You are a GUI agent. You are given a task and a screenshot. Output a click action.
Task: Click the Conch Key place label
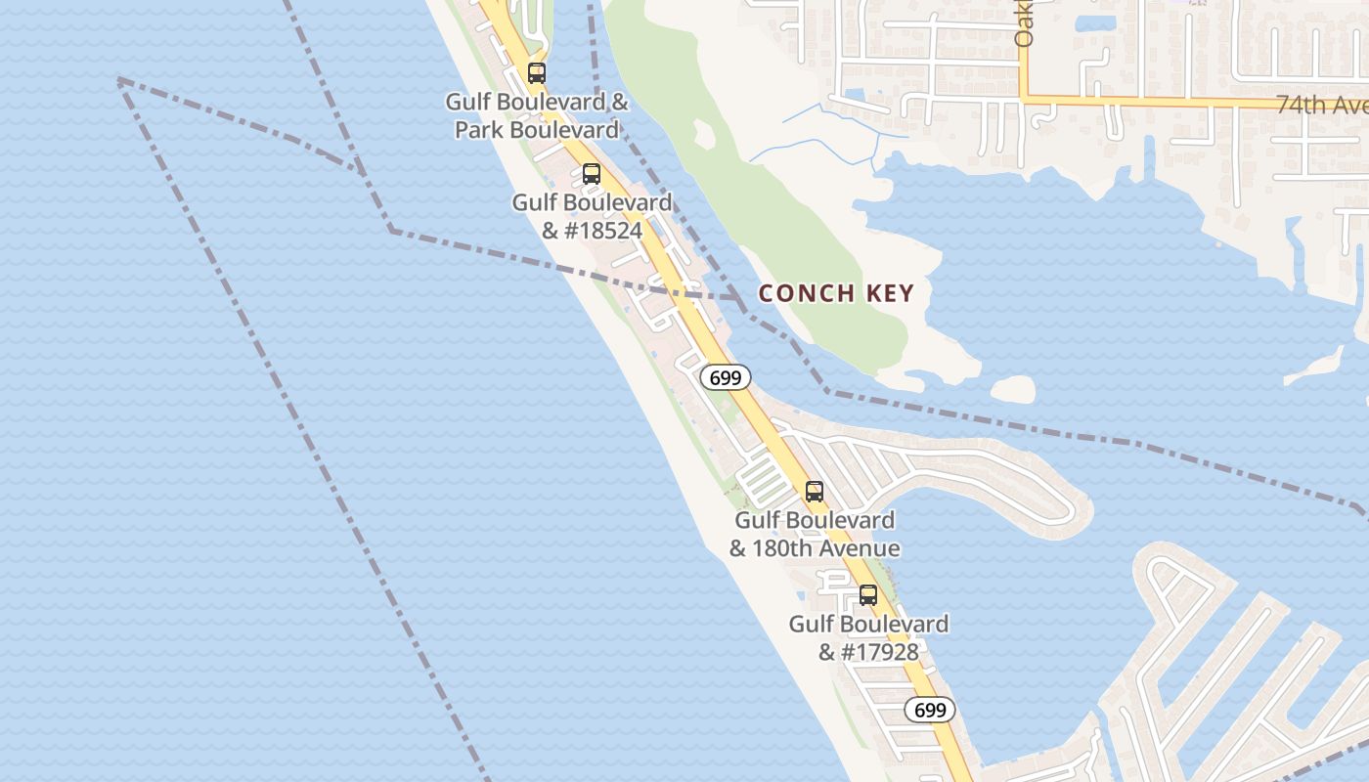pyautogui.click(x=836, y=293)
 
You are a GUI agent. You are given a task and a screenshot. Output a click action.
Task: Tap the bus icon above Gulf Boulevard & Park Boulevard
pyautogui.click(x=536, y=72)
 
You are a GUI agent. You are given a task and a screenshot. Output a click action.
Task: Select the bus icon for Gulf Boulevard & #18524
pyautogui.click(x=592, y=174)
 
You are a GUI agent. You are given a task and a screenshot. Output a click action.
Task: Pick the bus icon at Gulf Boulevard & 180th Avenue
pyautogui.click(x=815, y=492)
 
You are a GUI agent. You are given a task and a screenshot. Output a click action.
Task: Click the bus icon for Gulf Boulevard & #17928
pyautogui.click(x=868, y=594)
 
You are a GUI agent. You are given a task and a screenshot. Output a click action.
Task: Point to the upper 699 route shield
pyautogui.click(x=726, y=377)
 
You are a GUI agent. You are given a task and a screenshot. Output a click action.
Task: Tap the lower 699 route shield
pyautogui.click(x=929, y=710)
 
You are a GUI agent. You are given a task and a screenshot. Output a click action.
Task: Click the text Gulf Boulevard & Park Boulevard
pyautogui.click(x=537, y=115)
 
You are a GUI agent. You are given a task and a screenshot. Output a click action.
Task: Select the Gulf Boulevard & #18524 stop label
pyautogui.click(x=592, y=216)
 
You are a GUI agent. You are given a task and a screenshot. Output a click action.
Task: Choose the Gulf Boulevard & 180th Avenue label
pyautogui.click(x=815, y=534)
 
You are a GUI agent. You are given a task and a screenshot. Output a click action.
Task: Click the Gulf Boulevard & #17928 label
pyautogui.click(x=868, y=637)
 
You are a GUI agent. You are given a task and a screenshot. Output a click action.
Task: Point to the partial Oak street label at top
pyautogui.click(x=1024, y=25)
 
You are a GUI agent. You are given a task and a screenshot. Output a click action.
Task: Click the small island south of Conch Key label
pyautogui.click(x=1013, y=389)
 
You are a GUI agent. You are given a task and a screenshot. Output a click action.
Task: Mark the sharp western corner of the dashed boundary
pyautogui.click(x=118, y=79)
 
